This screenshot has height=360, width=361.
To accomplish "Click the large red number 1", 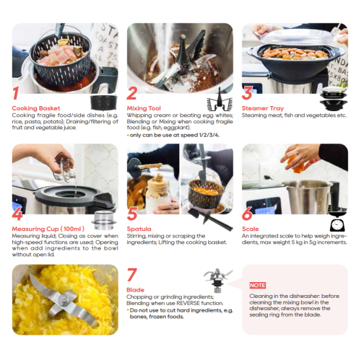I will click(15, 93).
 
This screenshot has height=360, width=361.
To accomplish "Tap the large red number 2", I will click(131, 93).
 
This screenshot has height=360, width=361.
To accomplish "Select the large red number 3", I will click(247, 93).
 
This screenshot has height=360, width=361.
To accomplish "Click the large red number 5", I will click(132, 214).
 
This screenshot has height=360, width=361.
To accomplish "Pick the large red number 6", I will click(247, 214).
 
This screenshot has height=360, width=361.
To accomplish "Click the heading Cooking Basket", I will click(35, 108).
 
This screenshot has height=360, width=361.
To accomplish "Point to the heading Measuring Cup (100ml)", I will click(46, 229).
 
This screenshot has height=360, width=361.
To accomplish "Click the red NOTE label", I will click(258, 285).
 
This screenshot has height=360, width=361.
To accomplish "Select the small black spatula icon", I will click(217, 214).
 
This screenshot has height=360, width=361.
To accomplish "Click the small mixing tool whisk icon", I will click(217, 97).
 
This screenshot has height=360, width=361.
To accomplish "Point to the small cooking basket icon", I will click(101, 101).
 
